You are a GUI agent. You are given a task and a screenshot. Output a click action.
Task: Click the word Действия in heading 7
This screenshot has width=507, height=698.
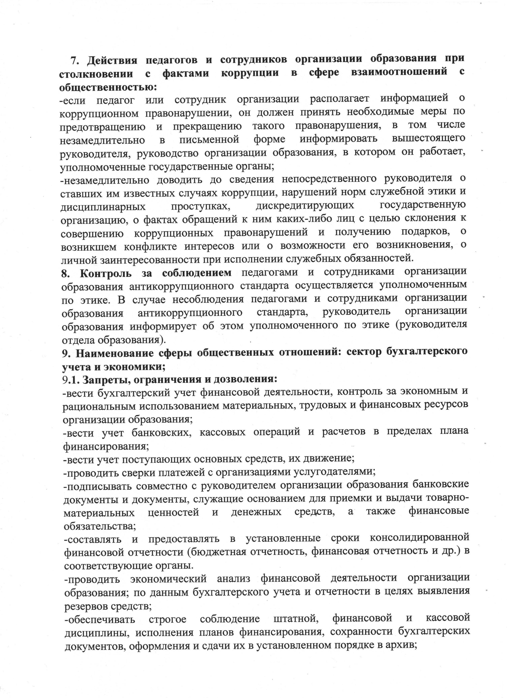pos(112,60)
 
